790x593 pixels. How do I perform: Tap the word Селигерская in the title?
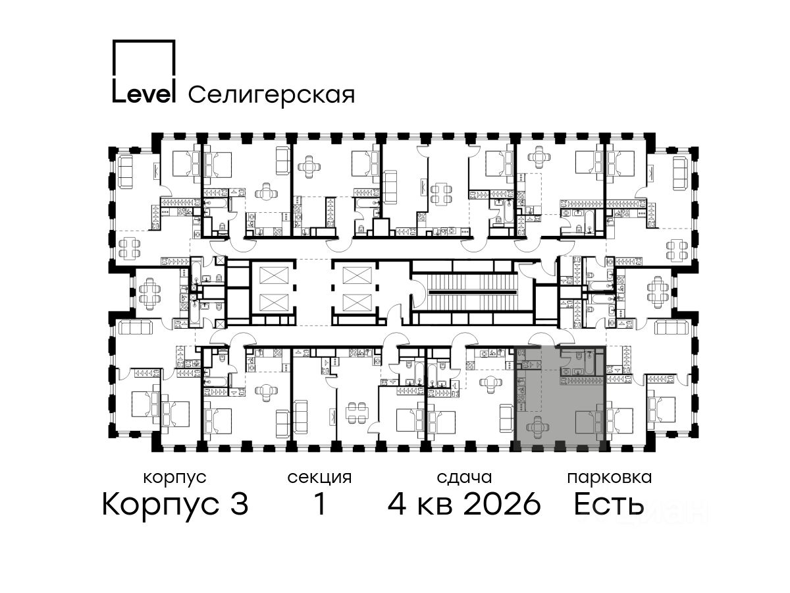[x=272, y=96]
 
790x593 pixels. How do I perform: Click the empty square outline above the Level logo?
[x=144, y=59]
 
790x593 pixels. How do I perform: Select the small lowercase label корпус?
[x=175, y=478]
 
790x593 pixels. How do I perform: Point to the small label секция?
[x=319, y=478]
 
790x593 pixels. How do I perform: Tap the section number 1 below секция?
[x=319, y=504]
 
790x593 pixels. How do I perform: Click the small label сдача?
[x=464, y=478]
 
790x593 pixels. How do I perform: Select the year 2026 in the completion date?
[x=502, y=504]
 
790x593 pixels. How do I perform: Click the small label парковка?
[x=610, y=478]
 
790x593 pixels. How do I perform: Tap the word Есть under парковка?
[x=608, y=504]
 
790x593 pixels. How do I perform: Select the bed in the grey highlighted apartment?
[x=589, y=422]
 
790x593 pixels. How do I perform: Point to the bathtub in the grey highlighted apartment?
[x=589, y=362]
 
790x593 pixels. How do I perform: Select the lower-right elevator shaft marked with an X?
[x=357, y=303]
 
